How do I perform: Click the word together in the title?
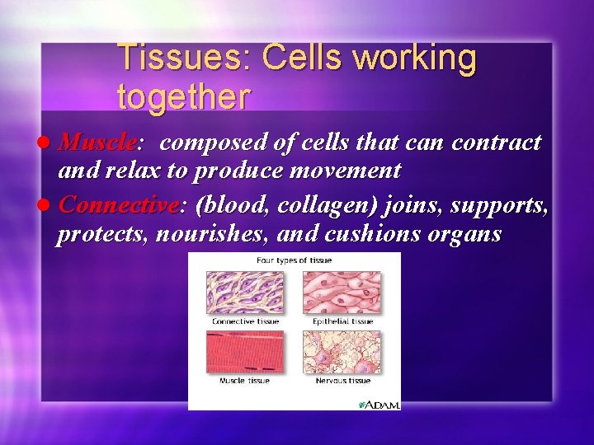point(183,96)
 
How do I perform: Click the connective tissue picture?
point(245,292)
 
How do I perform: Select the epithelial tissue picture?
point(342,292)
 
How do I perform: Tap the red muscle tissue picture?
point(245,352)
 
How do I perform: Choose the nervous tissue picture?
point(342,352)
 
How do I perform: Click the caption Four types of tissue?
point(294,260)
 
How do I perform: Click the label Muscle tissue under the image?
point(245,381)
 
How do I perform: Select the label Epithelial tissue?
point(342,321)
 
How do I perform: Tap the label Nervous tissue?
point(342,381)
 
